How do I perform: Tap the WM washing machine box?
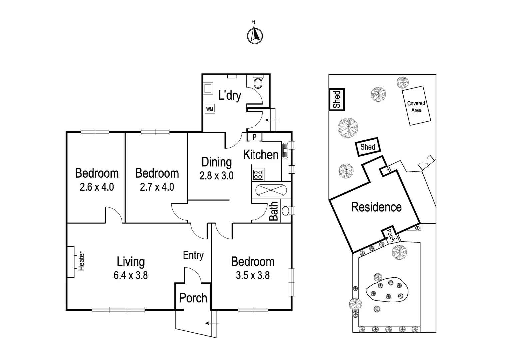tap(210, 109)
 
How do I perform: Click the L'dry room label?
tap(230, 96)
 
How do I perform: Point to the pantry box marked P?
tap(254, 137)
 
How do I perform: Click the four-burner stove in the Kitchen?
tap(258, 174)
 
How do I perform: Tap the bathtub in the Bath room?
tap(271, 190)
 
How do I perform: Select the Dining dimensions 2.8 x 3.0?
tap(216, 176)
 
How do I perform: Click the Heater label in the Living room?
tap(81, 261)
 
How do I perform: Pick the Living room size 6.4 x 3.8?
tap(131, 276)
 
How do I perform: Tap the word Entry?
tap(193, 255)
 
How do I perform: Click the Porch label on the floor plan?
tap(193, 298)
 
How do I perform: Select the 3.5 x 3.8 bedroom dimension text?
tap(253, 276)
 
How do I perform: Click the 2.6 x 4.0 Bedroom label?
tap(97, 187)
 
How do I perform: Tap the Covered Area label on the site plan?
tap(416, 107)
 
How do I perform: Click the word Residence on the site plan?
tap(376, 207)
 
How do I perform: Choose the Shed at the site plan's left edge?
tap(337, 99)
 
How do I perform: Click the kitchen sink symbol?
tap(285, 150)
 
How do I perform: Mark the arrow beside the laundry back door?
tap(271, 120)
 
